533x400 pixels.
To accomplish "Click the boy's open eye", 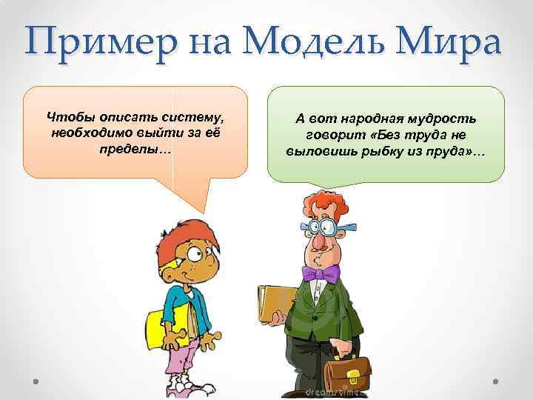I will tap(195, 255).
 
